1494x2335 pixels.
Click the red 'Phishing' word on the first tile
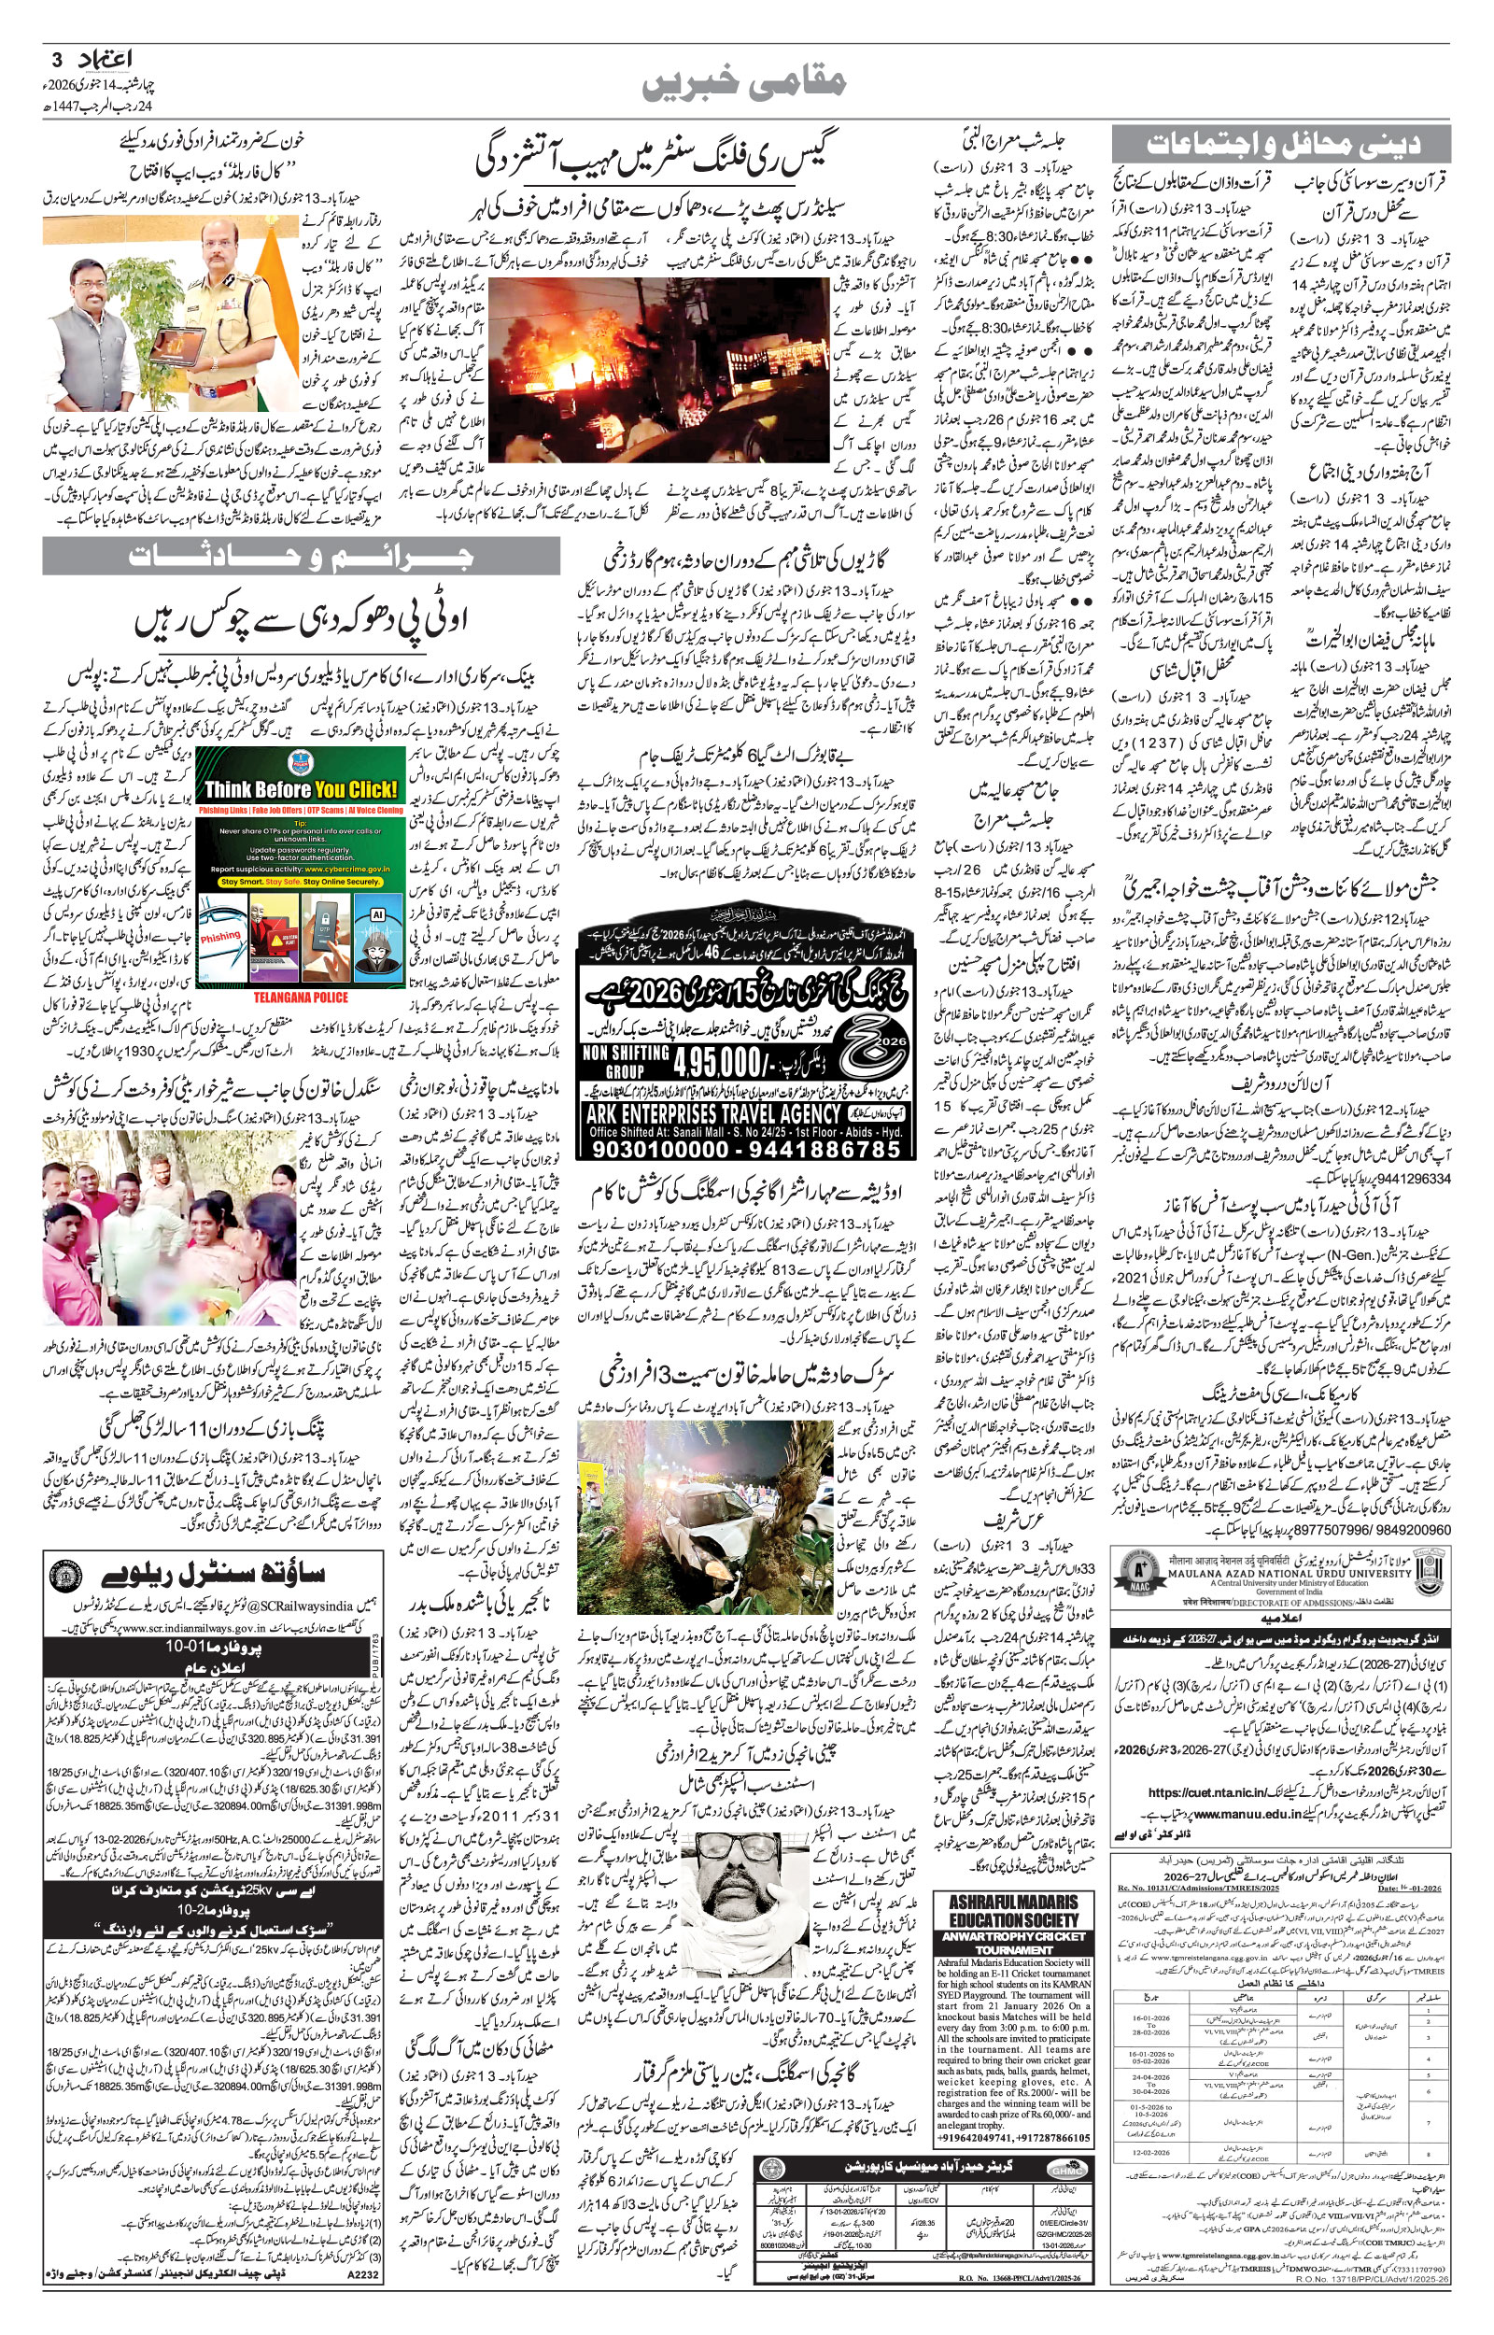(x=221, y=936)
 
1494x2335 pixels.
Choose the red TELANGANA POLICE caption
(x=300, y=997)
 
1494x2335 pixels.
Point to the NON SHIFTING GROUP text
(x=626, y=1061)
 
